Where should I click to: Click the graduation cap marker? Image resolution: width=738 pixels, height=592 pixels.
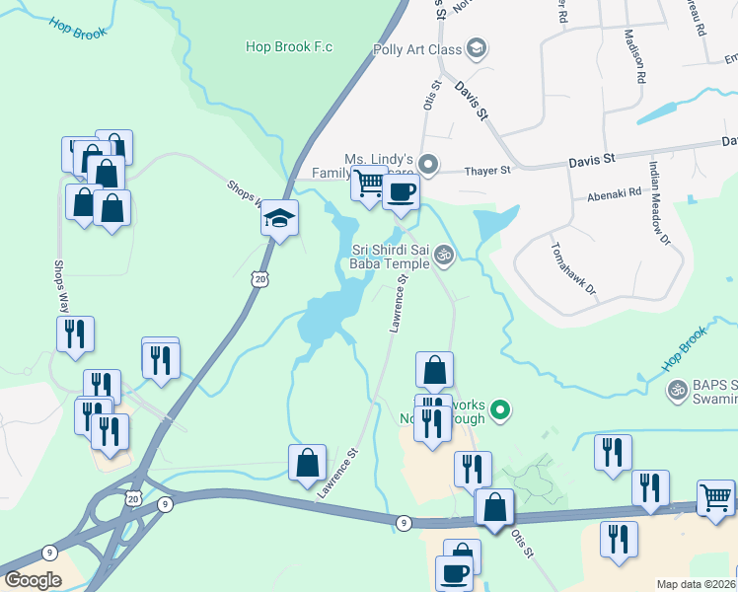[x=279, y=218]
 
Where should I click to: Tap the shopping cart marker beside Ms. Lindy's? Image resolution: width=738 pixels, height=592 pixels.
[x=368, y=184]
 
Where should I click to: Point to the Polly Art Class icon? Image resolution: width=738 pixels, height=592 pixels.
[x=477, y=48]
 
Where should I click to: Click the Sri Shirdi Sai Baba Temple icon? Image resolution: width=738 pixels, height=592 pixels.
[x=444, y=257]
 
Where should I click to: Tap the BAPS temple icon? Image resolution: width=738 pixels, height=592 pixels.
[x=678, y=391]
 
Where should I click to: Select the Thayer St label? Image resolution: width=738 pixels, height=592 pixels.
[x=489, y=171]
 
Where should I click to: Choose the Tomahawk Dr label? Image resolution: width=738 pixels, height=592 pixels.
[x=574, y=268]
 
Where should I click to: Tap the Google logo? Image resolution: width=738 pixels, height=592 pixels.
[x=33, y=580]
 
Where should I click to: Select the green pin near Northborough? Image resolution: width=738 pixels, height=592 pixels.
[x=501, y=407]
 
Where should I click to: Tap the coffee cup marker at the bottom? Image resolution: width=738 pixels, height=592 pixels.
[x=455, y=573]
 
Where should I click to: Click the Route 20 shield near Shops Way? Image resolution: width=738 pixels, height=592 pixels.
[x=259, y=280]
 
